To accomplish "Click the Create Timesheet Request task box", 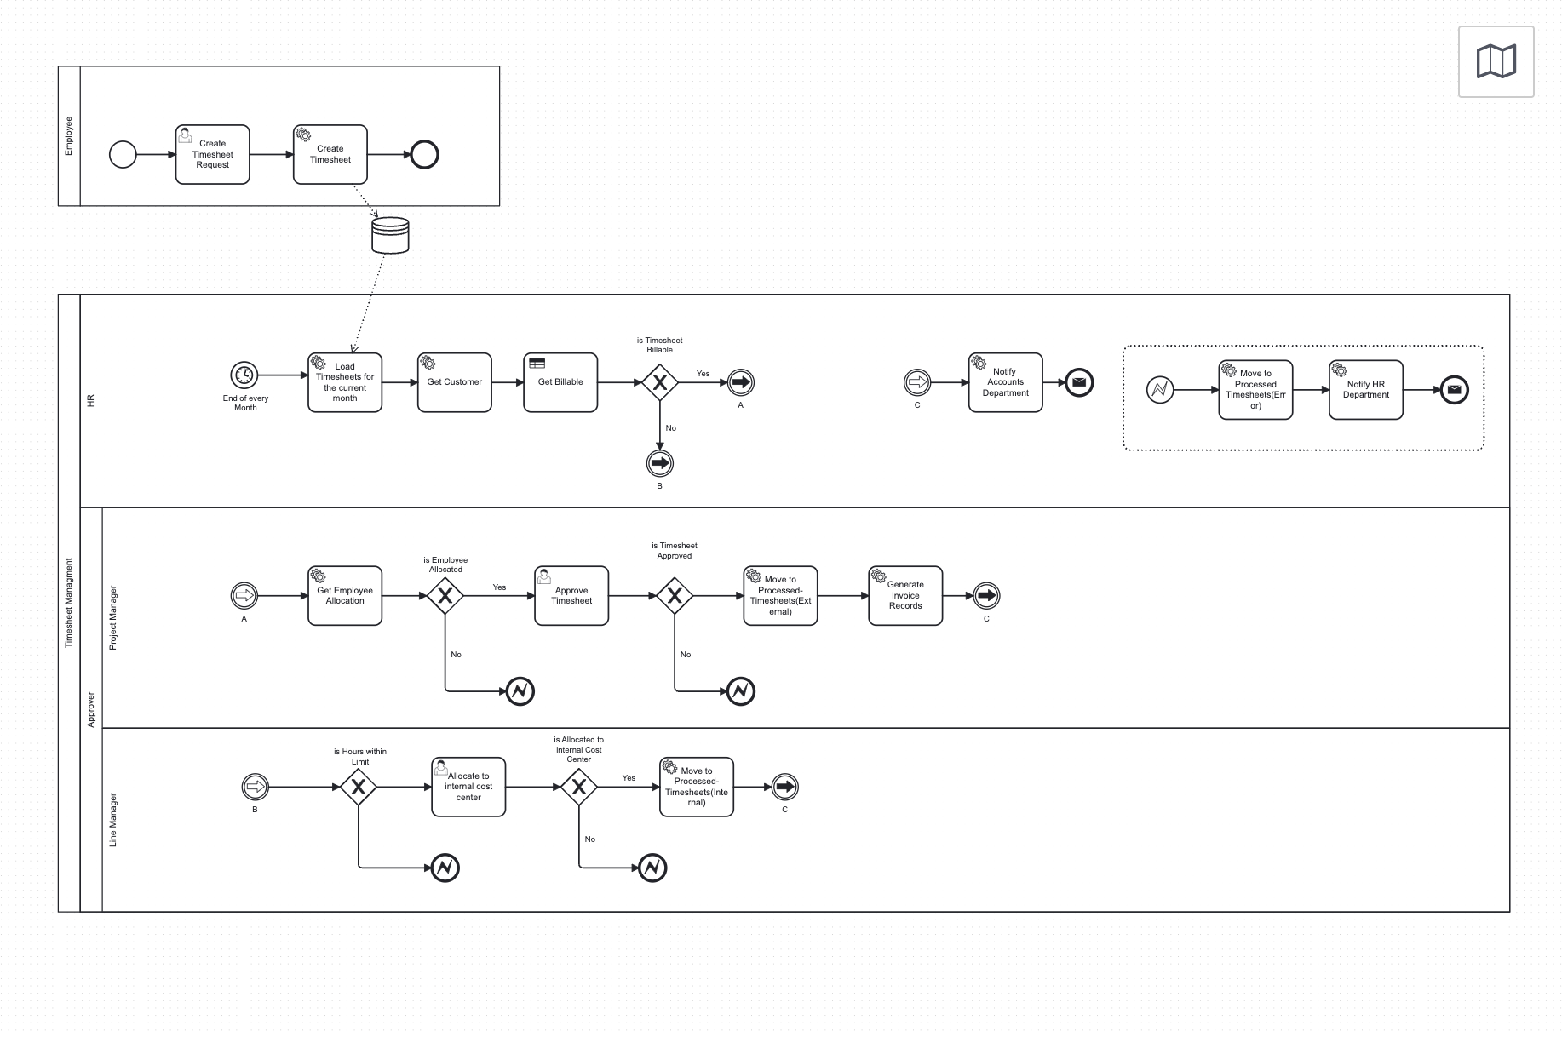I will coord(212,155).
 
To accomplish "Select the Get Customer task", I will coord(454,382).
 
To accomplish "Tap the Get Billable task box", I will coord(560,382).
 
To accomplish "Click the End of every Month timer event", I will coord(244,375).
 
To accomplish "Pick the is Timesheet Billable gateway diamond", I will coord(659,382).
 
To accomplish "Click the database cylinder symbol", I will coord(390,236).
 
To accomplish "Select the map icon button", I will coord(1496,61).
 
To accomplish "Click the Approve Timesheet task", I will coord(571,596).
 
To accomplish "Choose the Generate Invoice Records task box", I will coord(905,596).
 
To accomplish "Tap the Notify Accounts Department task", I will coord(1005,382).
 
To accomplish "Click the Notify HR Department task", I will coord(1365,390).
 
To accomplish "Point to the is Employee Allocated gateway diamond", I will coord(445,596).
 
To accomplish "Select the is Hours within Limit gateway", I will coord(359,787).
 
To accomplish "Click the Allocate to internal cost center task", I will coord(468,787).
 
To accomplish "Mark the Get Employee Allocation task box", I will coord(345,596).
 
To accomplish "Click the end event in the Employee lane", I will coord(424,155).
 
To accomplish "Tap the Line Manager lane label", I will coord(113,820).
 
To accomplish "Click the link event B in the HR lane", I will coord(659,463).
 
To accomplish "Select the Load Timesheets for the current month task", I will coord(345,382).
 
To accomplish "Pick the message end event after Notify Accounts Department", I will coord(1079,382).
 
